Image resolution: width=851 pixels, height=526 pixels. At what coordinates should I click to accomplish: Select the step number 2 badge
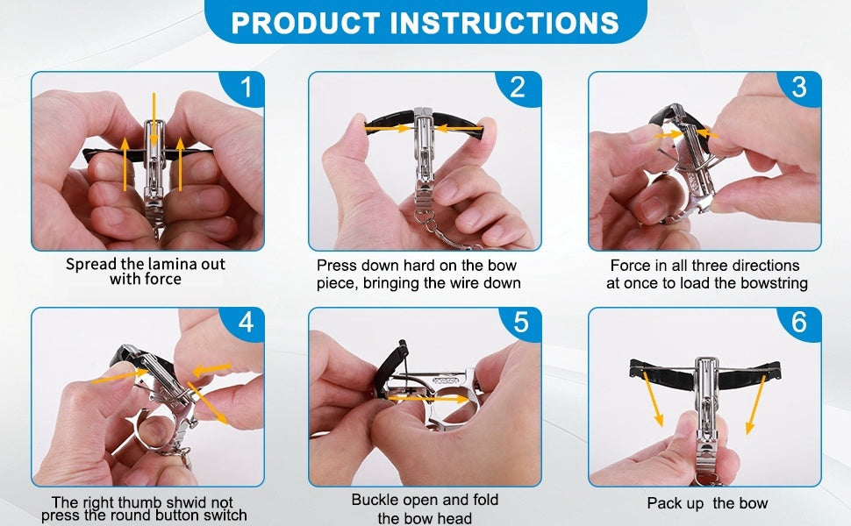click(x=518, y=88)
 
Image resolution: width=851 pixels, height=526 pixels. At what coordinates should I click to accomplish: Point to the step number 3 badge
click(x=798, y=88)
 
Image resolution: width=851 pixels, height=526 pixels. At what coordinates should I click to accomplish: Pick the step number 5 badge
click(x=521, y=323)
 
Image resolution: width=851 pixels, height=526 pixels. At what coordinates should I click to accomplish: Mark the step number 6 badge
click(x=798, y=323)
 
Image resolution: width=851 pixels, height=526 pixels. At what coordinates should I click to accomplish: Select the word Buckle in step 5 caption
click(x=374, y=500)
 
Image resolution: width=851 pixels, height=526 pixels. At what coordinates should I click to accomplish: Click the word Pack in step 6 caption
click(x=663, y=503)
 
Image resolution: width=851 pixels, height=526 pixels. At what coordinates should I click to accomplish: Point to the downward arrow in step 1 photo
click(x=154, y=118)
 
